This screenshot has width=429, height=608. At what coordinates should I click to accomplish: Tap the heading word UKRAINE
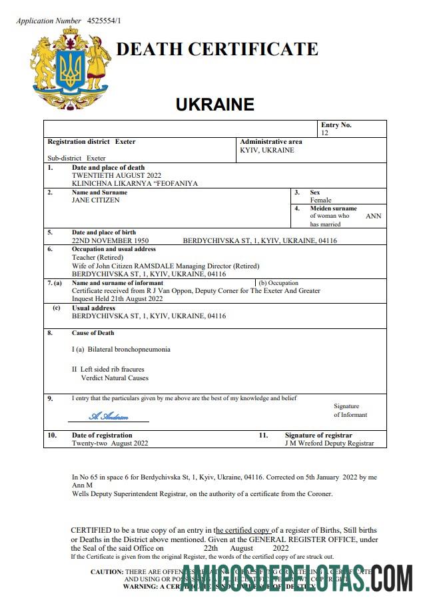214,105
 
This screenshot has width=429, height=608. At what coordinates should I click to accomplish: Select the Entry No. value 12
325,133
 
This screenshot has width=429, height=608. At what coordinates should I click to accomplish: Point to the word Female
320,200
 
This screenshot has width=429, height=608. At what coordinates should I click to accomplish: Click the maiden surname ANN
374,216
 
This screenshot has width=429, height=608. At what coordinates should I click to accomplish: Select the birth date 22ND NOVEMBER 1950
110,240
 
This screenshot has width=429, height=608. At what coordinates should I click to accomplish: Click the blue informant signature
109,416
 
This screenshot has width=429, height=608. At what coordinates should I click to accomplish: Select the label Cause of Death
93,333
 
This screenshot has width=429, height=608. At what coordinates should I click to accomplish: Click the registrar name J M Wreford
306,443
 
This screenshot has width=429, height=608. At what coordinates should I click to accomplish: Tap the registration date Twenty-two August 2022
110,443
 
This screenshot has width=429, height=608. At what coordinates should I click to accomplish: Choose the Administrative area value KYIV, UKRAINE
267,150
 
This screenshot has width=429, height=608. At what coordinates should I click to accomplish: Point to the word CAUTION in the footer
107,571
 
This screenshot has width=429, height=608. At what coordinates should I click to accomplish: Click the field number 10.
52,435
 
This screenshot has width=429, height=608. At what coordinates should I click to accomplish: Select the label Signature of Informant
350,410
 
